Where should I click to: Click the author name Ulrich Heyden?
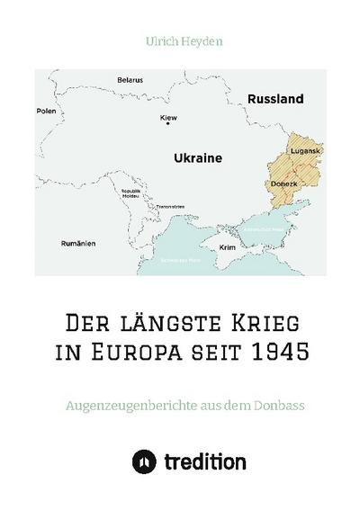click(180, 40)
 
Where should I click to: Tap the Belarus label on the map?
click(130, 80)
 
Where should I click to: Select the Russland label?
click(274, 99)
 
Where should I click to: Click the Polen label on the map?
click(46, 112)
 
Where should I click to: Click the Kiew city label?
click(167, 117)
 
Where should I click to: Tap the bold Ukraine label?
click(197, 157)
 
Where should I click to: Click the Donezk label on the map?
click(283, 183)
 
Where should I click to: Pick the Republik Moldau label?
click(131, 193)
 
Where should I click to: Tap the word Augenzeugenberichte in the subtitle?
click(132, 405)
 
